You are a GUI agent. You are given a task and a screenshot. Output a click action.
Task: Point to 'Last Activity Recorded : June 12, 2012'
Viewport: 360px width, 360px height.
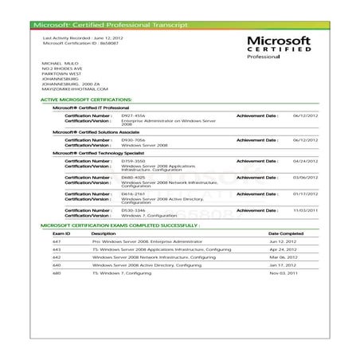(x=84, y=37)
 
